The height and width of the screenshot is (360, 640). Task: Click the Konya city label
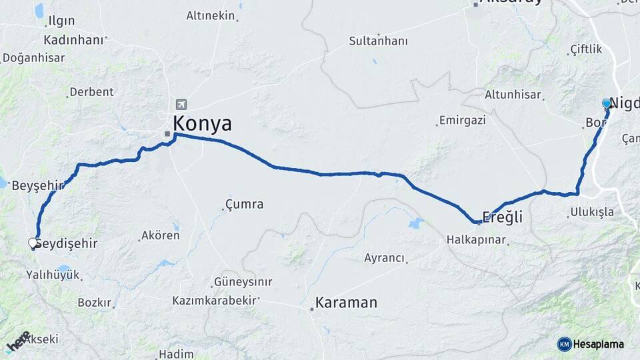point(202,124)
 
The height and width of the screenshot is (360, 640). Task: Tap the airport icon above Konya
point(181,105)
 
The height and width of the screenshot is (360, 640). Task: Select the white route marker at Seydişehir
point(33,243)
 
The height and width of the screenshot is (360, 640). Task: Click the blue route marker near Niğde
point(607,104)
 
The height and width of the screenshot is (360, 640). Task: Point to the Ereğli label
point(503,217)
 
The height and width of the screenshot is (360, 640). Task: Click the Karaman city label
point(346,303)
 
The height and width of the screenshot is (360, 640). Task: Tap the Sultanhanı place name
point(378,41)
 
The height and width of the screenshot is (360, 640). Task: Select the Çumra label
point(244,205)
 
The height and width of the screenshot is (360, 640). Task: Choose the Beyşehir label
point(37,185)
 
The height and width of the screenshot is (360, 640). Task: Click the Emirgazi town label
point(462,121)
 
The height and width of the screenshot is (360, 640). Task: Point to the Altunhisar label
point(513,95)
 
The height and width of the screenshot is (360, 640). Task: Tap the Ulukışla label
point(591,213)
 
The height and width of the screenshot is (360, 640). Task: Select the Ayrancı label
point(385,258)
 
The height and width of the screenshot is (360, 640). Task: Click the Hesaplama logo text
point(599,344)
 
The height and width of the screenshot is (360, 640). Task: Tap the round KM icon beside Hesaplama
point(564,344)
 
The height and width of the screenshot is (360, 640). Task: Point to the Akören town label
point(160,236)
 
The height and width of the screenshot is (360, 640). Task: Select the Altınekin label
point(211,15)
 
